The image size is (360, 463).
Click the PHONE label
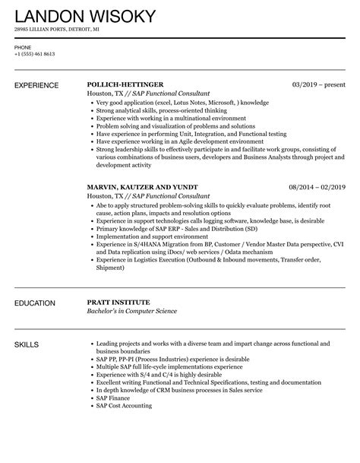point(22,46)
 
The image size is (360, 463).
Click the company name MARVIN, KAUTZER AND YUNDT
point(143,186)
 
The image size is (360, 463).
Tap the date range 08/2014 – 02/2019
point(317,186)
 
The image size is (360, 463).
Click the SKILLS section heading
point(28,344)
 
